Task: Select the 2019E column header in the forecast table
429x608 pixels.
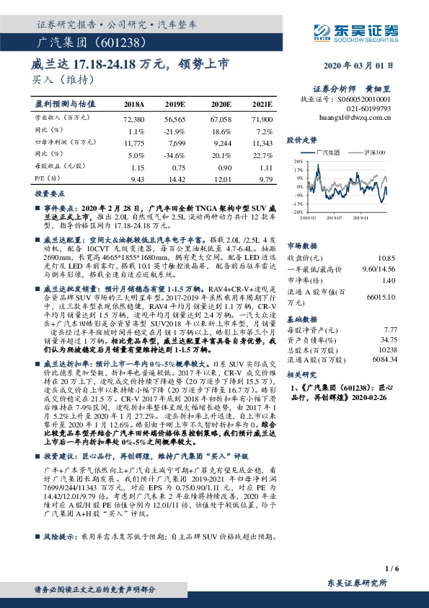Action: pyautogui.click(x=175, y=103)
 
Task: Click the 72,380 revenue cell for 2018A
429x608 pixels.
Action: pyautogui.click(x=134, y=118)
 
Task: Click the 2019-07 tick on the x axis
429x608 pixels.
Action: pyautogui.click(x=335, y=215)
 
